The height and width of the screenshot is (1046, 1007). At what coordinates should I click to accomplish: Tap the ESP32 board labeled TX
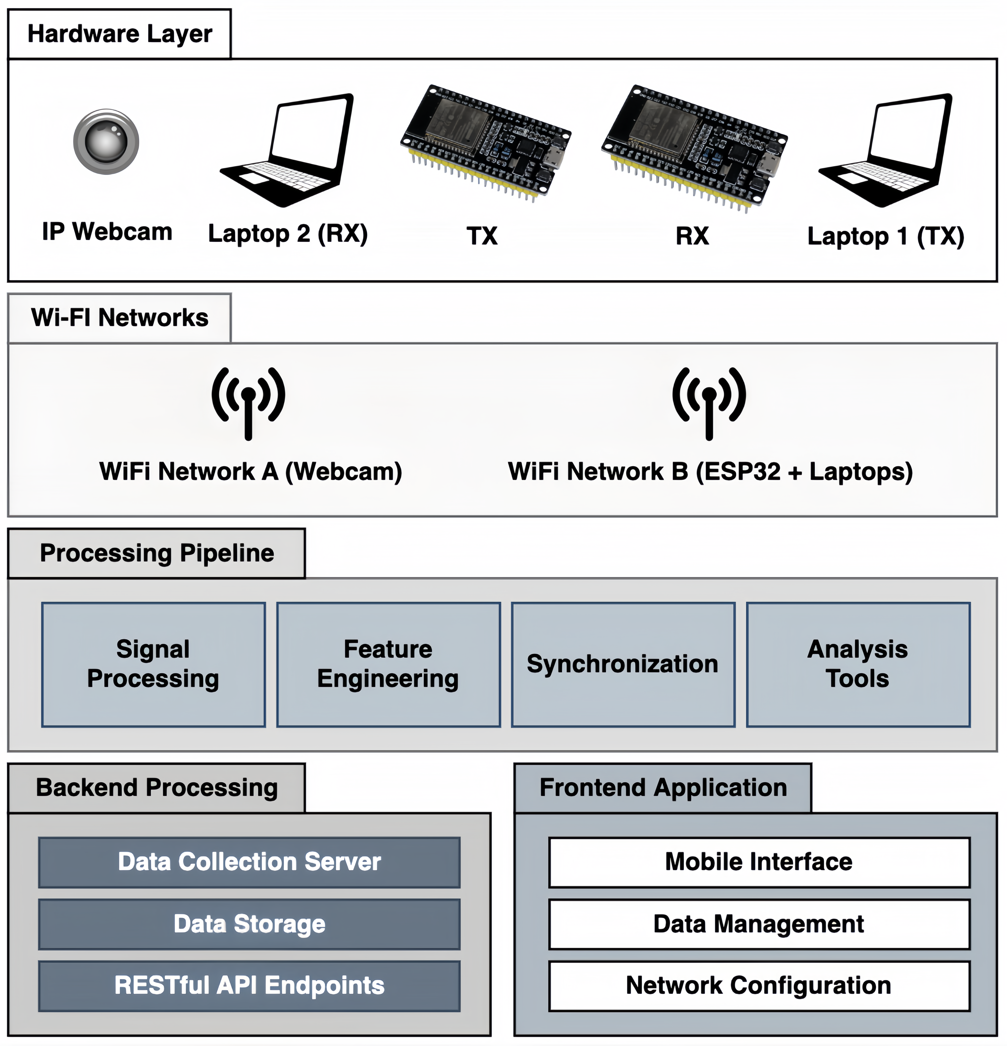[x=485, y=143]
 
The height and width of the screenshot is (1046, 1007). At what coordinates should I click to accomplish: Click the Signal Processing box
[x=153, y=665]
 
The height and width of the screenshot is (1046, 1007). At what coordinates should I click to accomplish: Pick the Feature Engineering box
[x=388, y=665]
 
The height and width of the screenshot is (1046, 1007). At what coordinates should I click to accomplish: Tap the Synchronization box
[x=623, y=665]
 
